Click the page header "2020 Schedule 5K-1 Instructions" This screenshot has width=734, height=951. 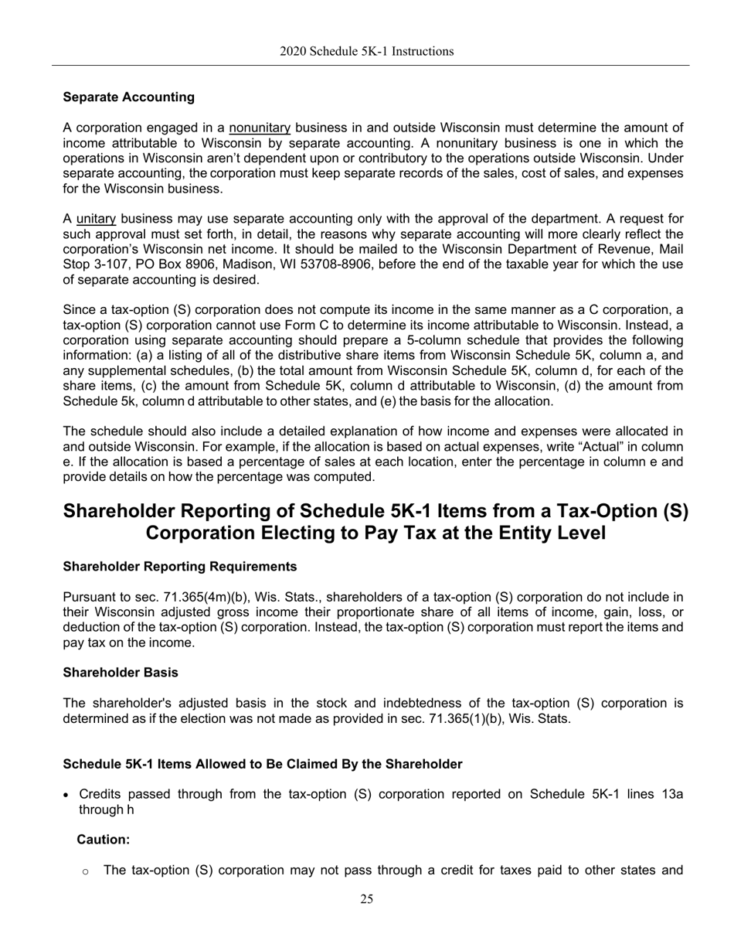point(366,52)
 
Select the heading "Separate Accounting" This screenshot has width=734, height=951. point(128,97)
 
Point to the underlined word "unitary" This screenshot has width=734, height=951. point(95,219)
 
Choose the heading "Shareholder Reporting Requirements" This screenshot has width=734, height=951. point(179,567)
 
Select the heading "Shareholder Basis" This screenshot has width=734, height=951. point(120,673)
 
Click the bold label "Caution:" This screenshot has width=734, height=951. point(103,839)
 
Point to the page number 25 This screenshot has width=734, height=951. point(366,899)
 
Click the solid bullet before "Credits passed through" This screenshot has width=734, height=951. point(67,795)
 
